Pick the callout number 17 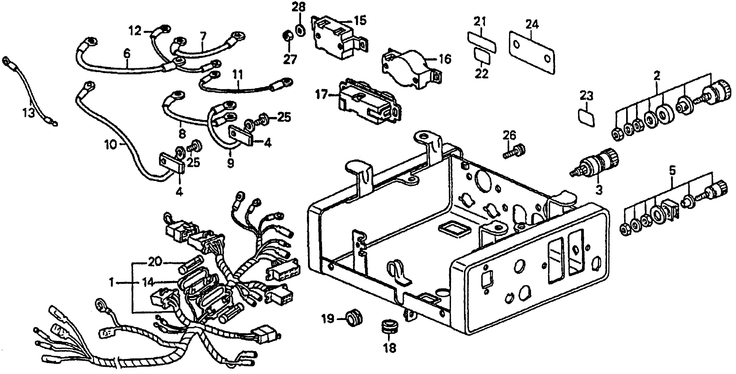(321, 94)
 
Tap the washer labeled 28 (299, 30)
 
